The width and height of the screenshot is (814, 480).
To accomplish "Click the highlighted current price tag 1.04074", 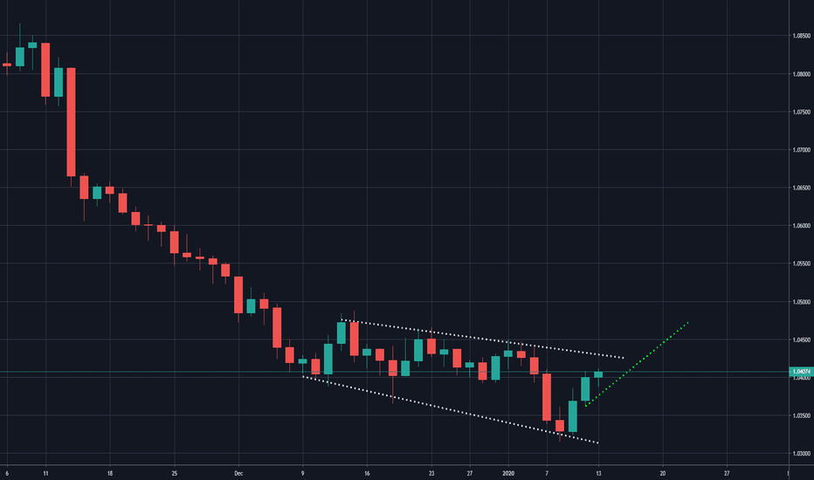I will (802, 372).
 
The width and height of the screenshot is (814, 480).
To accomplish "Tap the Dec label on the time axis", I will (238, 472).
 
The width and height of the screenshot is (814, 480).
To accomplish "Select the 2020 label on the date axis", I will (508, 472).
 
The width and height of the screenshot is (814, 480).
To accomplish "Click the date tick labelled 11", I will (45, 472).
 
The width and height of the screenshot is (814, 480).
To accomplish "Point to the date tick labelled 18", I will (110, 472).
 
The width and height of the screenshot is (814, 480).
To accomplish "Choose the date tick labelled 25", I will (175, 472).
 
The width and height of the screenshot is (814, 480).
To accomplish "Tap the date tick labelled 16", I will (367, 472).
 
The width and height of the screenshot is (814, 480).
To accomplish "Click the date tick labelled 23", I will (431, 472).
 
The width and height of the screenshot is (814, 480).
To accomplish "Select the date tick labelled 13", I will (598, 472).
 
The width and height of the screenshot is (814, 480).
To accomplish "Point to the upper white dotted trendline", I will (489, 339).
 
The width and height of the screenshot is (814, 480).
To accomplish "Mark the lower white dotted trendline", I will (454, 410).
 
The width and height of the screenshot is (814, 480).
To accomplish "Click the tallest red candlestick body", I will (72, 121).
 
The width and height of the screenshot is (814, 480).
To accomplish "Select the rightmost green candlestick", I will (598, 374).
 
